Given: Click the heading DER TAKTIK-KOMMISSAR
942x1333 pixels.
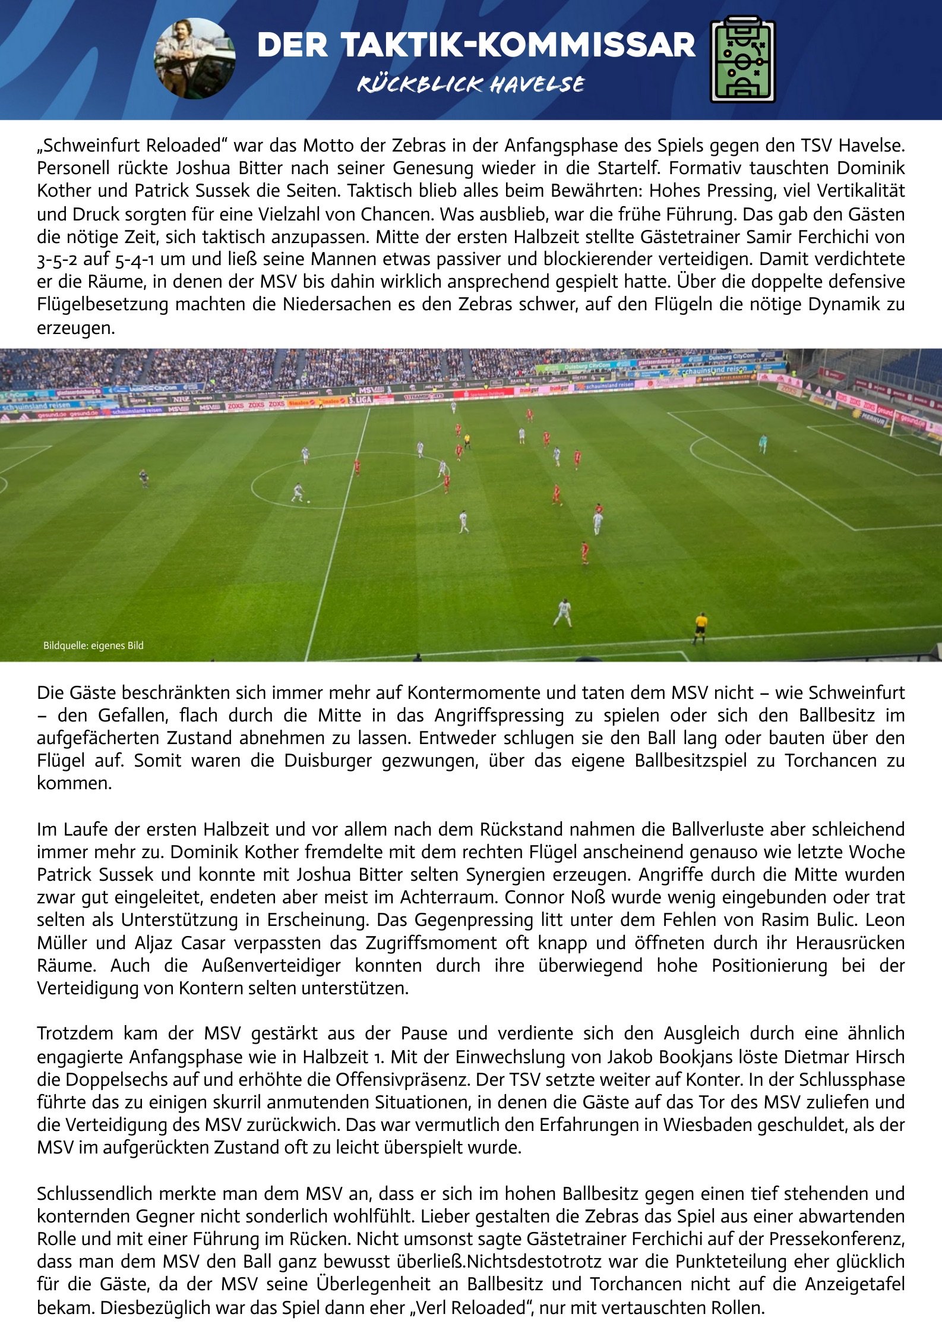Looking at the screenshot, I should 476,45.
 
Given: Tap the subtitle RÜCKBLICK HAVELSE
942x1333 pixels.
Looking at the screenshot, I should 470,84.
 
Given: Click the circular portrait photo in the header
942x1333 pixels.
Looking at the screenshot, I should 194,58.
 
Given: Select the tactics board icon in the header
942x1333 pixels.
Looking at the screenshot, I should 742,59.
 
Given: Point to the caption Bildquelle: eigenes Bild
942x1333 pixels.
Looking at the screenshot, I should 93,645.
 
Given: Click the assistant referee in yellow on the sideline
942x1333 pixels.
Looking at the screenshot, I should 700,628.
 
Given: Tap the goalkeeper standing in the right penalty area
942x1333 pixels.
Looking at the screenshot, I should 763,443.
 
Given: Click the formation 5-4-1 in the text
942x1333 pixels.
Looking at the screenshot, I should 134,260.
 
